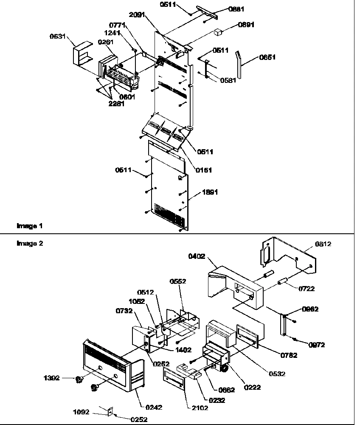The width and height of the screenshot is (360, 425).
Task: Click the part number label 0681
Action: click(x=236, y=8)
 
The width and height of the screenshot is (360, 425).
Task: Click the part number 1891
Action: click(x=210, y=192)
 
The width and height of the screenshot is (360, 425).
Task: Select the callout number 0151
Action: click(x=204, y=170)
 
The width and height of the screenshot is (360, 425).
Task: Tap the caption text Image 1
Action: click(x=30, y=226)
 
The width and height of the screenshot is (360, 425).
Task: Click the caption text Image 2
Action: click(x=30, y=244)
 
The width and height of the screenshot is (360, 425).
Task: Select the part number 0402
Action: click(x=197, y=256)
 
